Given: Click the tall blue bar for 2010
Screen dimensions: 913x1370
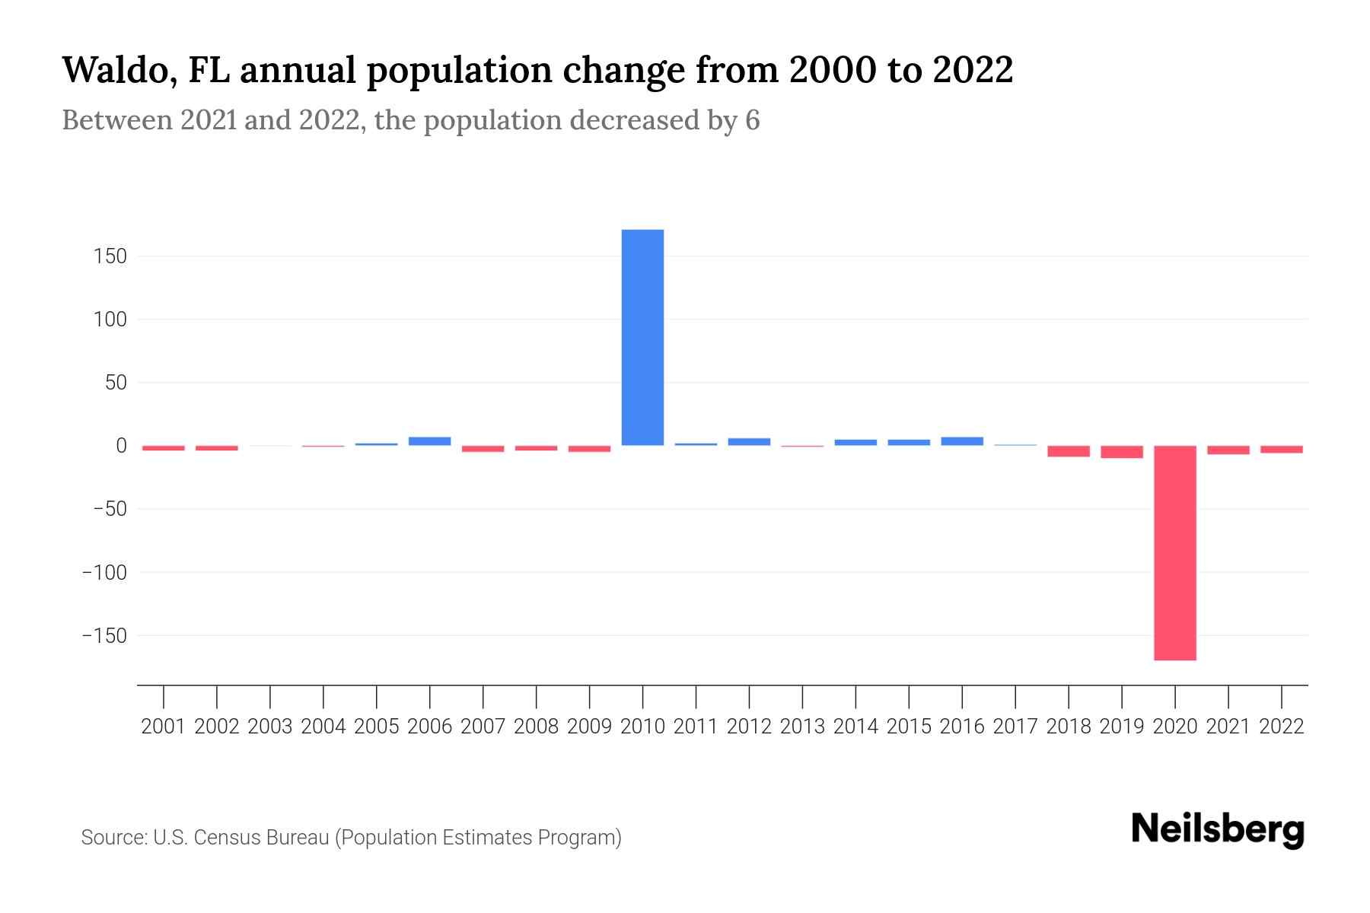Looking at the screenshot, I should (642, 337).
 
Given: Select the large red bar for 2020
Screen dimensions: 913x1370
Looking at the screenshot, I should (1175, 552).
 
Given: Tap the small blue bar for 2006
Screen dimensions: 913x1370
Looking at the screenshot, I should (430, 441).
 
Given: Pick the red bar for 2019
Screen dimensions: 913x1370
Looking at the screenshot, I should (1122, 452).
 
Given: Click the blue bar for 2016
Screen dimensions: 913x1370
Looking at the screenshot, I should (962, 441).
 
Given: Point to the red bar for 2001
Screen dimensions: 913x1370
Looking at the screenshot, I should (164, 448).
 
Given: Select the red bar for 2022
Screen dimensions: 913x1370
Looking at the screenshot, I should (1282, 450).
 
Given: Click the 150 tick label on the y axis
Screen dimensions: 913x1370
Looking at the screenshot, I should (110, 256).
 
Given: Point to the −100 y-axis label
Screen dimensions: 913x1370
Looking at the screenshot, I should (104, 572).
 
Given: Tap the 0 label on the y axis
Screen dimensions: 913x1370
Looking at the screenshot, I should (121, 446).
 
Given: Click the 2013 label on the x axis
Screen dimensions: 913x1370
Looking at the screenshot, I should (802, 727).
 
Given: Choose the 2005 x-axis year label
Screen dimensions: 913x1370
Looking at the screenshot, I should (377, 727).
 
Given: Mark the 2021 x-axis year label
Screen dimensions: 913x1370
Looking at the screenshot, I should (1228, 727).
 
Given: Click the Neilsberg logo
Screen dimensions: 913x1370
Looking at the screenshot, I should (1218, 829).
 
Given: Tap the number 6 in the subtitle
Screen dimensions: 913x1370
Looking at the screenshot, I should (752, 120).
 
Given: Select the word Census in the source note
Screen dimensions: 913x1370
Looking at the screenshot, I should (227, 838).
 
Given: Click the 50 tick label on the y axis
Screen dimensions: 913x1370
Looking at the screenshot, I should (116, 383).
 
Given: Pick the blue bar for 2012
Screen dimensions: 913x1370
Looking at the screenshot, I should (749, 441).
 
